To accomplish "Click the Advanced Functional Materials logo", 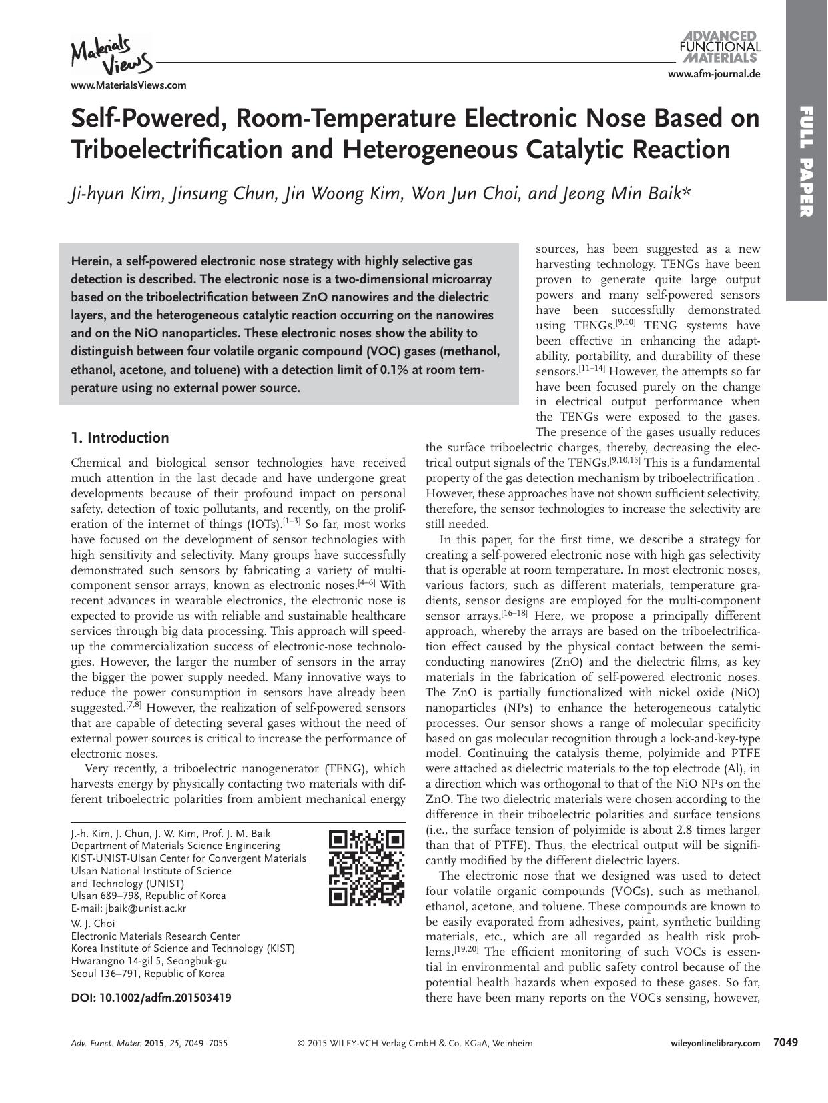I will (x=719, y=46).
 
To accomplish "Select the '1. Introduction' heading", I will (x=120, y=438).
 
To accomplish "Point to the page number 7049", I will (x=785, y=1042).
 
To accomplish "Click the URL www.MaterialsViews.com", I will (x=128, y=85).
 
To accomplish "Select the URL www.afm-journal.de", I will (x=713, y=74).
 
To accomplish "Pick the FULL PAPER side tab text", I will (x=807, y=161).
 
